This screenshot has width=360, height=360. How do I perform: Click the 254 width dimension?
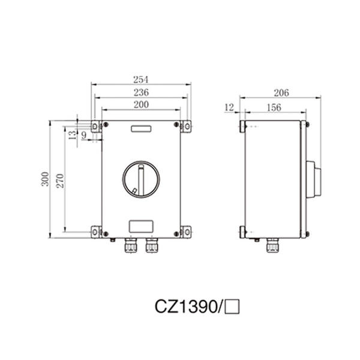pos(140,79)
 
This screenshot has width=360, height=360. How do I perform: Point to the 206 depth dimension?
pos(281,92)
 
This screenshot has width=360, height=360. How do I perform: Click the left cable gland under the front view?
pos(129,245)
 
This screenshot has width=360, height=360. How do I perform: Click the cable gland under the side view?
pos(273,245)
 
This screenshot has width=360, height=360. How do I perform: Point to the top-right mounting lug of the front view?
pos(185,125)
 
